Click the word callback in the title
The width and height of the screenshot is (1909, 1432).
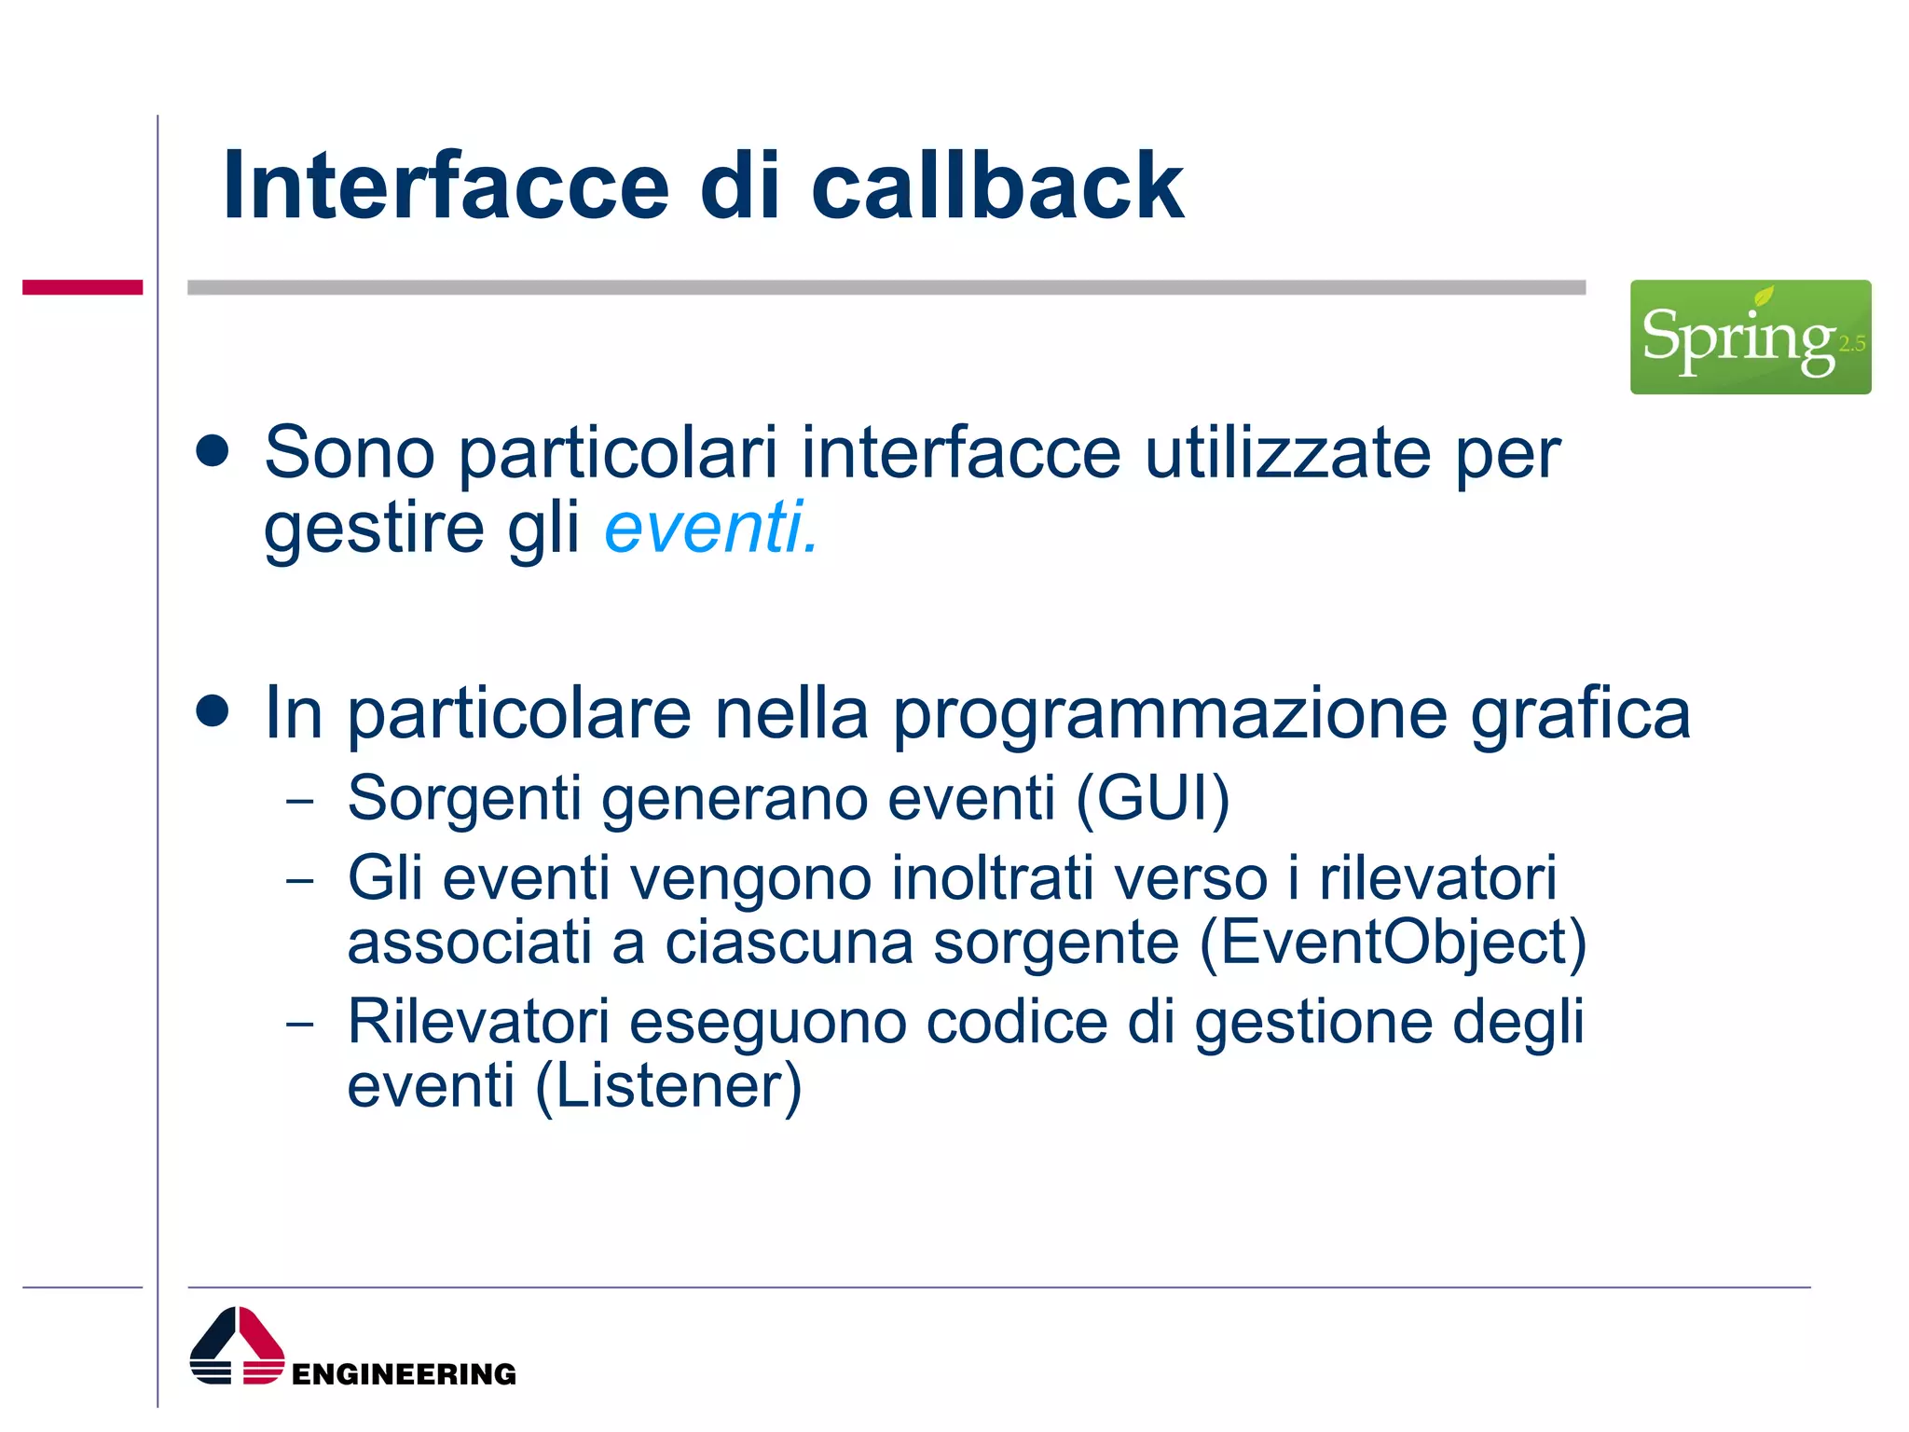pos(996,186)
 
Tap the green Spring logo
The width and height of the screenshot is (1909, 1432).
pos(1750,337)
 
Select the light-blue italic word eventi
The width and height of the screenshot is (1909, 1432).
pos(710,528)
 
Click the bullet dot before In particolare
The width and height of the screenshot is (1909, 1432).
pos(213,711)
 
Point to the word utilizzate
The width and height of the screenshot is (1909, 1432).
pos(1287,453)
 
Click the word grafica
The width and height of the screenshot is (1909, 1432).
pos(1580,714)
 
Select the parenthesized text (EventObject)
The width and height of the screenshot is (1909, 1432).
pos(1393,943)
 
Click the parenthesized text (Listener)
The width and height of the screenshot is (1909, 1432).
pos(667,1087)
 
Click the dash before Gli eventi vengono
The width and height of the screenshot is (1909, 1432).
pos(300,880)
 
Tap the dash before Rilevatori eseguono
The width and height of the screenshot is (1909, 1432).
pos(300,1024)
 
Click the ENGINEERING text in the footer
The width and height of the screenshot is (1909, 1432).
pos(403,1374)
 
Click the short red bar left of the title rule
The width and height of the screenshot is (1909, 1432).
pos(82,287)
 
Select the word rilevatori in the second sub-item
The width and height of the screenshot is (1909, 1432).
pos(1437,878)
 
